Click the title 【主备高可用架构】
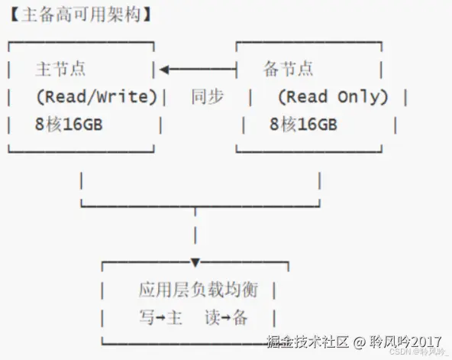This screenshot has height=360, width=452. click(80, 14)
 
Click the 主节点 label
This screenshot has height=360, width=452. click(60, 70)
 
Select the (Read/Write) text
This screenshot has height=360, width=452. click(96, 97)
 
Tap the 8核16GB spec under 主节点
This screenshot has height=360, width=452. click(68, 125)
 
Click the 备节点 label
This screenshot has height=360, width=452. click(288, 70)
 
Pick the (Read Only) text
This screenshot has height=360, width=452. click(333, 97)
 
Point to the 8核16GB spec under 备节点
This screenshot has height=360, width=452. click(303, 125)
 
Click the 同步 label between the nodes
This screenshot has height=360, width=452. click(207, 97)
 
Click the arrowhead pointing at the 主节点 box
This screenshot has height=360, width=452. click(165, 70)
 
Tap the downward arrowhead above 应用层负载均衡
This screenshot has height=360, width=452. click(195, 263)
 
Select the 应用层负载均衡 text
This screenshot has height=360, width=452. click(199, 290)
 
